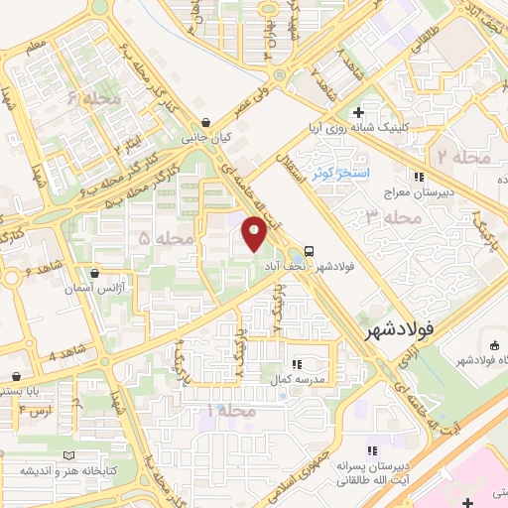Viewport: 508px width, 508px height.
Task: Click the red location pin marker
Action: [x=255, y=235]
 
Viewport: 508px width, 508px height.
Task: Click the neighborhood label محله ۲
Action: [x=462, y=158]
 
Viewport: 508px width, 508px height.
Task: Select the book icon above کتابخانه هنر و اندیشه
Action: [x=68, y=455]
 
